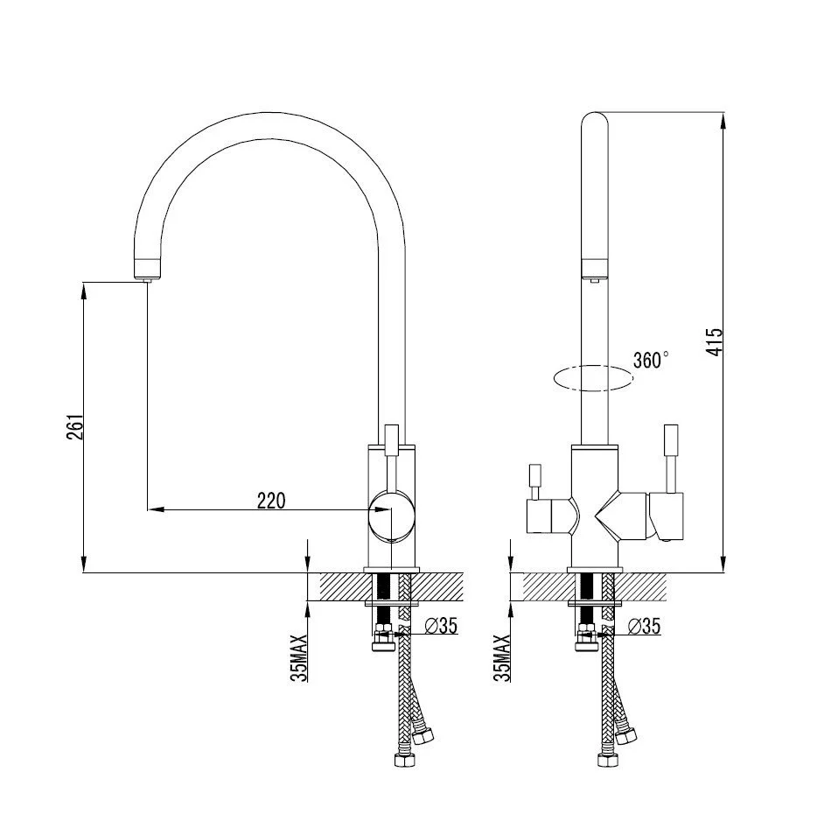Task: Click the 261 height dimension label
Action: coord(74,427)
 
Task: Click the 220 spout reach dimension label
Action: coord(271,500)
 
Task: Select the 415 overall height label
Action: coord(715,342)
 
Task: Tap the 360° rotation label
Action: coord(651,361)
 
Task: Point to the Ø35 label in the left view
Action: coord(440,626)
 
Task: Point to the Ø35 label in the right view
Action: coord(644,626)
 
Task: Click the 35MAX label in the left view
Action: coord(299,658)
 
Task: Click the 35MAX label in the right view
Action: coord(502,658)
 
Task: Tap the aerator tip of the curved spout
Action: coord(148,280)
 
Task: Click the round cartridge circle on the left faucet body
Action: coord(391,516)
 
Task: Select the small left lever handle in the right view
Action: coord(535,481)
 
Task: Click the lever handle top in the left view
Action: coord(392,439)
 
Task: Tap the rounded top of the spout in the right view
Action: coord(594,118)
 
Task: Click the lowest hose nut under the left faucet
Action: coord(405,760)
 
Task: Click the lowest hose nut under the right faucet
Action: coord(609,760)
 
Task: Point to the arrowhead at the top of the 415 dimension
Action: coord(723,120)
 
